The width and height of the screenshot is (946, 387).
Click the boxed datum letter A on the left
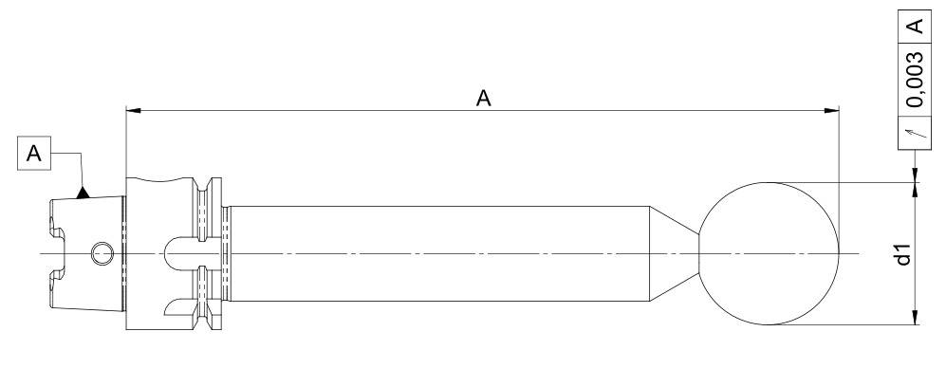pyautogui.click(x=34, y=154)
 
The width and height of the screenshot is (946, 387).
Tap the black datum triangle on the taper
pyautogui.click(x=83, y=193)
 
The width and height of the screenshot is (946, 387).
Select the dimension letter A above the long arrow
pyautogui.click(x=483, y=98)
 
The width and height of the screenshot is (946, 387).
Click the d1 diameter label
pyautogui.click(x=903, y=254)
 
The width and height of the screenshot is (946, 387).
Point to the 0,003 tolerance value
pyautogui.click(x=916, y=79)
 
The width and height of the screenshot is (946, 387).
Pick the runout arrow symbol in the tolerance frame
pyautogui.click(x=916, y=132)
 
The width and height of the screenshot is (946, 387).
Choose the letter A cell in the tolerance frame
pyautogui.click(x=916, y=26)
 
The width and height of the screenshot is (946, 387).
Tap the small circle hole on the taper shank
pyautogui.click(x=102, y=253)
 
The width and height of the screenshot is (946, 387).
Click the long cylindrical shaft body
pyautogui.click(x=439, y=254)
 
